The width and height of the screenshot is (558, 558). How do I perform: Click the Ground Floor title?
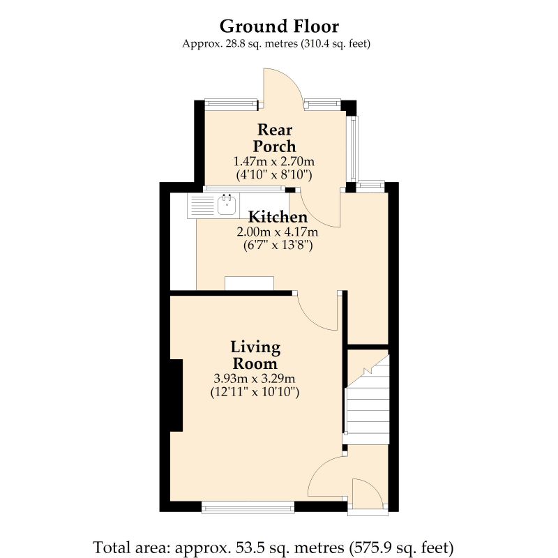[x=279, y=27]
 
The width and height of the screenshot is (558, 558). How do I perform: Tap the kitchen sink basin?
[x=227, y=205]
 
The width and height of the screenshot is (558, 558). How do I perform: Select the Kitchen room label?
[x=278, y=217]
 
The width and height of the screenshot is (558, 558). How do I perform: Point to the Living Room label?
[x=255, y=355]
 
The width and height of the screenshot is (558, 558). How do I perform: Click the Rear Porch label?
[x=274, y=138]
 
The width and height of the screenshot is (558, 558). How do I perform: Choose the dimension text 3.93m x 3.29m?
[x=255, y=378]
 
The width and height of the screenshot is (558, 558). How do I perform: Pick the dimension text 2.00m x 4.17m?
[x=278, y=232]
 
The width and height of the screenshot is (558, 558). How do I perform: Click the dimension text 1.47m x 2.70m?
[x=274, y=162]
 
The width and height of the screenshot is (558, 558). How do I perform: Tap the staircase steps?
[x=367, y=399]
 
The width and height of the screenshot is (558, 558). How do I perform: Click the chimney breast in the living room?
[x=176, y=395]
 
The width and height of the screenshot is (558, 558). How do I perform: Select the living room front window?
[x=248, y=507]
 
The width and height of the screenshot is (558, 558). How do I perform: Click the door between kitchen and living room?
[x=317, y=311]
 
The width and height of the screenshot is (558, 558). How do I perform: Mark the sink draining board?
[x=202, y=205]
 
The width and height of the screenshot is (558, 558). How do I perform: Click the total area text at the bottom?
[x=273, y=548]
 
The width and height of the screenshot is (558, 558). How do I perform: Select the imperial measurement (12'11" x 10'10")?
[x=255, y=392]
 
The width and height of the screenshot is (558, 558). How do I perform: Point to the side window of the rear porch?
[x=353, y=149]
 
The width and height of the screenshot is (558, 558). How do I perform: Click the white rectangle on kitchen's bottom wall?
[x=250, y=283]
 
